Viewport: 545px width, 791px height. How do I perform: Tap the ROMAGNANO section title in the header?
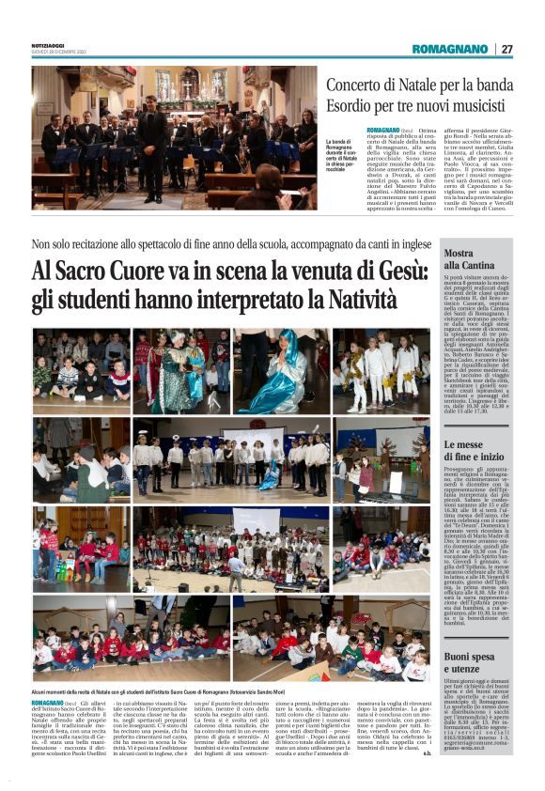click(x=450, y=49)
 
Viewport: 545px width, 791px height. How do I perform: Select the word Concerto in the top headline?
click(x=385, y=87)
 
